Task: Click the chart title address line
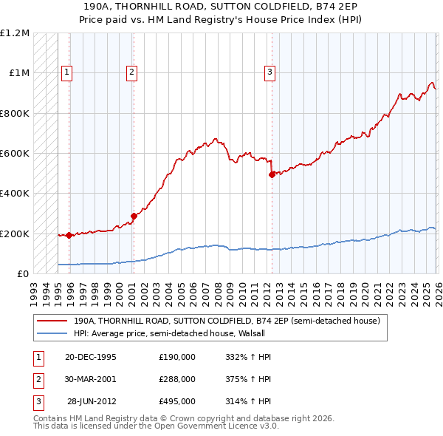(221, 6)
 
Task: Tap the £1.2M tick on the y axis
(15, 33)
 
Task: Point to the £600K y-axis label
(15, 154)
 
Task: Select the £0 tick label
(22, 273)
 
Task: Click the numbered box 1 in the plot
(67, 72)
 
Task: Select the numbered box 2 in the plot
(131, 72)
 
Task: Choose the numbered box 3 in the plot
(269, 72)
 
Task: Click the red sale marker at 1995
(69, 236)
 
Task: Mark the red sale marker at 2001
(134, 216)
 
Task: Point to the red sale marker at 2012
(272, 174)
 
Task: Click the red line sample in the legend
(53, 321)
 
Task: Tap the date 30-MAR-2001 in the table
(90, 379)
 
